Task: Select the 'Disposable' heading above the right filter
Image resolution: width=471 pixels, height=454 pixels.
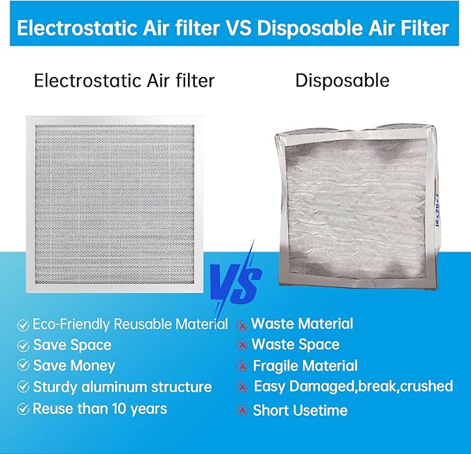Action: pyautogui.click(x=342, y=80)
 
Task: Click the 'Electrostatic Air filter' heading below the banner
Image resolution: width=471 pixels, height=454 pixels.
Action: pyautogui.click(x=124, y=80)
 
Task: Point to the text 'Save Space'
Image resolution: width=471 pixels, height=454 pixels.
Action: pyautogui.click(x=72, y=345)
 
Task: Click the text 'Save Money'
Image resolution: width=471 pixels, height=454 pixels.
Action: pyautogui.click(x=74, y=366)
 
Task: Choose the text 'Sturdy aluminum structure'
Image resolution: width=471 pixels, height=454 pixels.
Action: pyautogui.click(x=122, y=387)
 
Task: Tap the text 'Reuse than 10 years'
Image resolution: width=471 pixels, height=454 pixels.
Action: pyautogui.click(x=100, y=408)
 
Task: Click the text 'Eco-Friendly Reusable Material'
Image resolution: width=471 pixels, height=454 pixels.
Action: pyautogui.click(x=130, y=324)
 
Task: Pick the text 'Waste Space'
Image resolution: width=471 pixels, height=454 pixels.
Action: pyautogui.click(x=296, y=344)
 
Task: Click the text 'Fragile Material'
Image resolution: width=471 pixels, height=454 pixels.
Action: pyautogui.click(x=305, y=365)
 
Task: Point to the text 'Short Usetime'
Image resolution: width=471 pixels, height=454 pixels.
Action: pyautogui.click(x=300, y=410)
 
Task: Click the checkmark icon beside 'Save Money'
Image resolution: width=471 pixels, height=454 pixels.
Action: pyautogui.click(x=24, y=366)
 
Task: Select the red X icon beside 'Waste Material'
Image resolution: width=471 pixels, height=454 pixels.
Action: pyautogui.click(x=241, y=324)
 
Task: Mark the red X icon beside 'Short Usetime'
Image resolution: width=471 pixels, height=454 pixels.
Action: pyautogui.click(x=241, y=410)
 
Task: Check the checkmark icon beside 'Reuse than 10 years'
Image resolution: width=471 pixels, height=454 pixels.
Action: pyautogui.click(x=24, y=409)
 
